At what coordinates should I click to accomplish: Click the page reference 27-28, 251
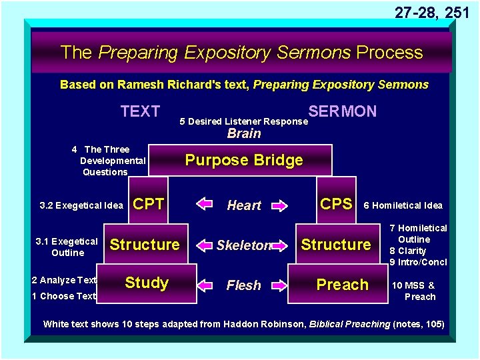tap(431, 12)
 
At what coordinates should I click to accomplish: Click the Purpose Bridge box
tap(244, 160)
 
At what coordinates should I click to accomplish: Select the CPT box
tap(149, 205)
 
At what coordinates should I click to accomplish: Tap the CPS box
tap(337, 205)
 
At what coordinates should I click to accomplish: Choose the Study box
tap(147, 283)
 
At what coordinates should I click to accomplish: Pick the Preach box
tap(342, 285)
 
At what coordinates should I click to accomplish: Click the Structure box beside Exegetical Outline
tap(145, 245)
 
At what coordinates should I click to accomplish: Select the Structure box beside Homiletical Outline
tap(336, 245)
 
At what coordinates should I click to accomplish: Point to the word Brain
tap(244, 133)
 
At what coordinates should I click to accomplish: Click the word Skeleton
tap(244, 245)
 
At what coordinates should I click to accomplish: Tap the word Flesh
tap(244, 285)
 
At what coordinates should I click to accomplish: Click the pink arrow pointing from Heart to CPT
tap(204, 205)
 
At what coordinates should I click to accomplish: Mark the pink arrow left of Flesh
tap(204, 285)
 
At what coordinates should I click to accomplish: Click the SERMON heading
tap(342, 111)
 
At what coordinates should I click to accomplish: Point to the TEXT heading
tap(140, 111)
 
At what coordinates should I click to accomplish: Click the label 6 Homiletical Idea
tap(403, 206)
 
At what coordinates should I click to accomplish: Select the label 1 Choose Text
tap(64, 296)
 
